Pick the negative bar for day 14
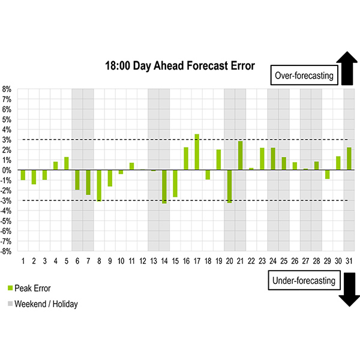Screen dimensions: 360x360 [x=164, y=187]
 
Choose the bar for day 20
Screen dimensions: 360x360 [x=229, y=186]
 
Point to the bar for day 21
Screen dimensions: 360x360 [x=240, y=155]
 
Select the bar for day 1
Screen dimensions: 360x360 [x=23, y=175]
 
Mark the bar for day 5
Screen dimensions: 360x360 [x=67, y=163]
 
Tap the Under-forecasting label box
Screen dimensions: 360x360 [x=304, y=280]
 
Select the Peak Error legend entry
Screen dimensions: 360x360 [x=35, y=289]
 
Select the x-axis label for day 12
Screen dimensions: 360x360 [x=142, y=261]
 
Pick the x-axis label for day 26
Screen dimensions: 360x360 [x=295, y=261]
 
